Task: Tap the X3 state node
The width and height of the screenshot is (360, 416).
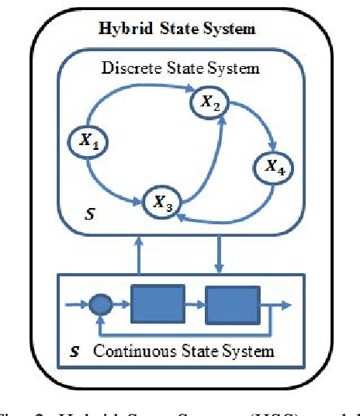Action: (162, 203)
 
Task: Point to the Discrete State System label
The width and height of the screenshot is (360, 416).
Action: (180, 68)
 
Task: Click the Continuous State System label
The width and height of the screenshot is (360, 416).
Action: (183, 351)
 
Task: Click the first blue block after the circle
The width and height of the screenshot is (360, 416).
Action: (157, 303)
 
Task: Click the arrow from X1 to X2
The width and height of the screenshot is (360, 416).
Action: (132, 97)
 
